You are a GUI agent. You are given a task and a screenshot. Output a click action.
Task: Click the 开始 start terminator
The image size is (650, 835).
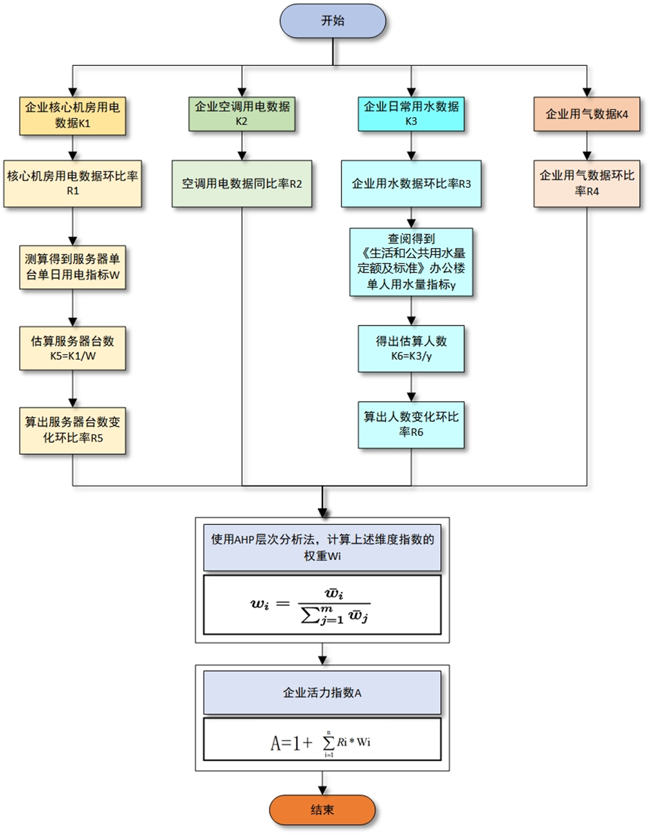pyautogui.click(x=333, y=21)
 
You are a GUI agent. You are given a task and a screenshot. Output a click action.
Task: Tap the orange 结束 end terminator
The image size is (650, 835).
pyautogui.click(x=322, y=810)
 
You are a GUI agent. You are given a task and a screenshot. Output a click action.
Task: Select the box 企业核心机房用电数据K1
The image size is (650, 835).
pyautogui.click(x=72, y=116)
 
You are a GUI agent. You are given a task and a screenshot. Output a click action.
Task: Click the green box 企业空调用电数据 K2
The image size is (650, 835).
pyautogui.click(x=242, y=114)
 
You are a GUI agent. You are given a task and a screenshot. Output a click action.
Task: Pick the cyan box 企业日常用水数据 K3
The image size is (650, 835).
pyautogui.click(x=411, y=114)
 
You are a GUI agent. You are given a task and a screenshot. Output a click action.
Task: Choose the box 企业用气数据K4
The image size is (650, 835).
pyautogui.click(x=587, y=114)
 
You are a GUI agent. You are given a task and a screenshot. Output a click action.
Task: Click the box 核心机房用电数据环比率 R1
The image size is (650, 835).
pyautogui.click(x=72, y=183)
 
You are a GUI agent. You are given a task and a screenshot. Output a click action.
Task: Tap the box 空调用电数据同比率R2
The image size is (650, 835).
pyautogui.click(x=242, y=183)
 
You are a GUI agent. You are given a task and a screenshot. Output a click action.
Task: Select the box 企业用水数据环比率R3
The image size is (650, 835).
pyautogui.click(x=411, y=183)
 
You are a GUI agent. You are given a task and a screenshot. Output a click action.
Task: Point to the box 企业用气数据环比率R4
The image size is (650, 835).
pyautogui.click(x=587, y=183)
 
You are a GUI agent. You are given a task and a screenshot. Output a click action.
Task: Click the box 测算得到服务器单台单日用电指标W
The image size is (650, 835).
pyautogui.click(x=72, y=267)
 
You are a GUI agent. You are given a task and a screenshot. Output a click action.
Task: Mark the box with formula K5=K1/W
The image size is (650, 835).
pyautogui.click(x=72, y=348)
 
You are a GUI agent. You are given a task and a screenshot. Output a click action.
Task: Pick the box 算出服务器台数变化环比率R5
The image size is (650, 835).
pyautogui.click(x=72, y=431)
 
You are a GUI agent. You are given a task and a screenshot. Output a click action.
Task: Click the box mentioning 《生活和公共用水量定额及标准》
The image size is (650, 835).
pyautogui.click(x=411, y=262)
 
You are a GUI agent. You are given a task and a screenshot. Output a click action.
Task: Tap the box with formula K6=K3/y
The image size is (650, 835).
pyautogui.click(x=411, y=349)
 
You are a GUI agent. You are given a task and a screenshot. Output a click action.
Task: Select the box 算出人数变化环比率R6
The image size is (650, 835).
pyautogui.click(x=411, y=425)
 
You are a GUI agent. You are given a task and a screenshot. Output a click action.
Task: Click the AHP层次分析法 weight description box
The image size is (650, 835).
pyautogui.click(x=322, y=548)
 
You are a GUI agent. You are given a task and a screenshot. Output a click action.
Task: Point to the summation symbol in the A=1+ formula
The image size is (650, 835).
pyautogui.click(x=328, y=743)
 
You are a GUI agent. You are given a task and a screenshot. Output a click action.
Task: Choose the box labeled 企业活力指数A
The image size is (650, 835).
pyautogui.click(x=322, y=692)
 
